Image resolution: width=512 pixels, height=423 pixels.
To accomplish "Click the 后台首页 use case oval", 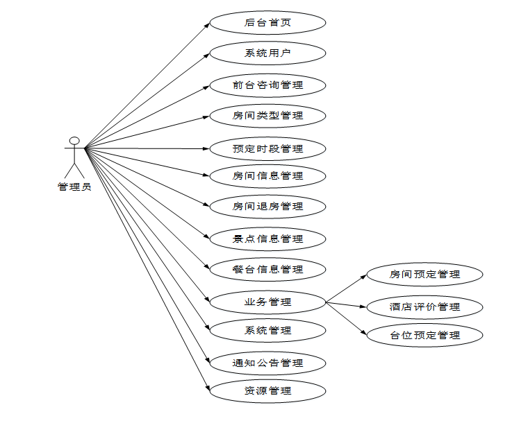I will (x=267, y=23).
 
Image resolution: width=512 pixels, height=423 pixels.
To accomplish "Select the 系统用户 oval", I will (x=267, y=53).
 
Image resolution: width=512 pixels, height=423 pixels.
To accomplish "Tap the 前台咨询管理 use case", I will (x=267, y=85).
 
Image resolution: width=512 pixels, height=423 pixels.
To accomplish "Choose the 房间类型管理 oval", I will (x=267, y=116).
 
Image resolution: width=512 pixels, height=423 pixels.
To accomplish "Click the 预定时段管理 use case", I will (x=267, y=148).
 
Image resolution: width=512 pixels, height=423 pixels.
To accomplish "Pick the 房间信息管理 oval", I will (x=267, y=176).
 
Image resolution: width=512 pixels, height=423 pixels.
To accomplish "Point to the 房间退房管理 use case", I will (x=267, y=207).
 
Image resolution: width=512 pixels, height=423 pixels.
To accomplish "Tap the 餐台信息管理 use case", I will (x=267, y=269).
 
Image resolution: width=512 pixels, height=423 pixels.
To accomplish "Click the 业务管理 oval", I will (x=267, y=302).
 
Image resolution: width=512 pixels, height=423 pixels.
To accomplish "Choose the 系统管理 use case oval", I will (x=267, y=331).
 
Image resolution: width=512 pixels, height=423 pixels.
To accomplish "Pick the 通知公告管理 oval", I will (x=267, y=363).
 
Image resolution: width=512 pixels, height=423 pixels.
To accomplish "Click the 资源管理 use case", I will (x=267, y=391).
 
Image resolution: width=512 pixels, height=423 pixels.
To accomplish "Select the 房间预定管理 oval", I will (x=424, y=275).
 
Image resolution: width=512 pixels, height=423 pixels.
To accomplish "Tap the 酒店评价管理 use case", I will (x=424, y=307).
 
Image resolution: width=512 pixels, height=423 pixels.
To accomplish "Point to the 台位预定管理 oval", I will (x=424, y=336).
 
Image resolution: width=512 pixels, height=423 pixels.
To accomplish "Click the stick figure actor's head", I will (x=74, y=141).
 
